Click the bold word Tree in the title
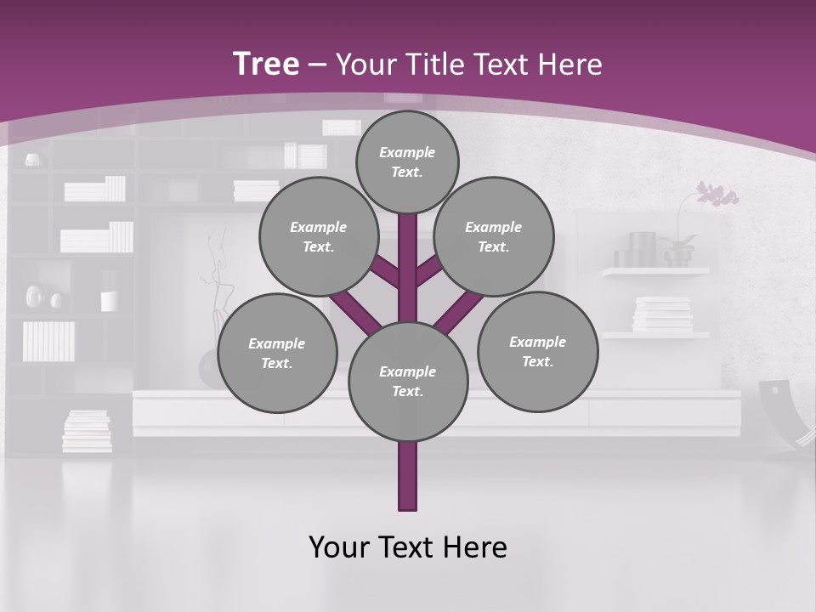tap(266, 64)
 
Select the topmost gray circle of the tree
tap(407, 161)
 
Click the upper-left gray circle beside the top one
tap(319, 236)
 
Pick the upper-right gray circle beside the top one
tap(494, 236)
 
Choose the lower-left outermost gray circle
tap(277, 353)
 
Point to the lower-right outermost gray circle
tap(537, 351)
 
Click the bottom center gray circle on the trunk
tap(408, 382)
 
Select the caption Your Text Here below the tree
tap(408, 547)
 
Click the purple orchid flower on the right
tap(717, 195)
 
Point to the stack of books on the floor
tap(87, 431)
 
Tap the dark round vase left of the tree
tap(210, 368)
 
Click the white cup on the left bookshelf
tap(109, 301)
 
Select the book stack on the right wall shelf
tap(662, 314)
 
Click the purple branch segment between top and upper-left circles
tap(384, 272)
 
